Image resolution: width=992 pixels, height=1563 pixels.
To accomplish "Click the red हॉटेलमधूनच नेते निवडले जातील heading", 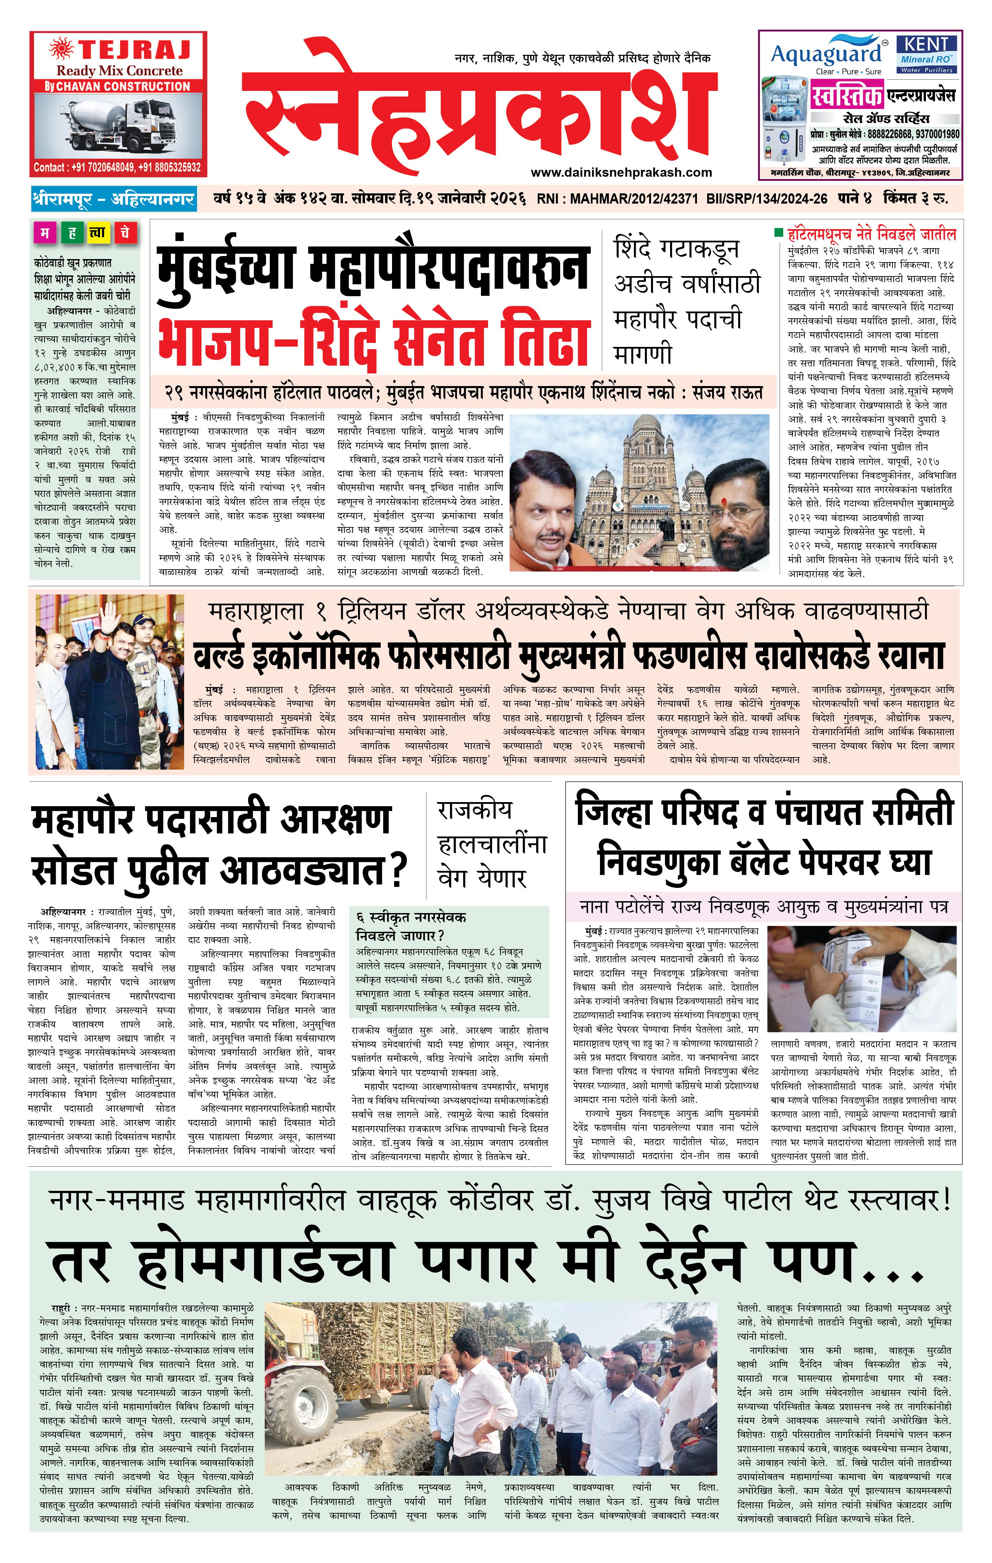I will (x=871, y=234).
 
